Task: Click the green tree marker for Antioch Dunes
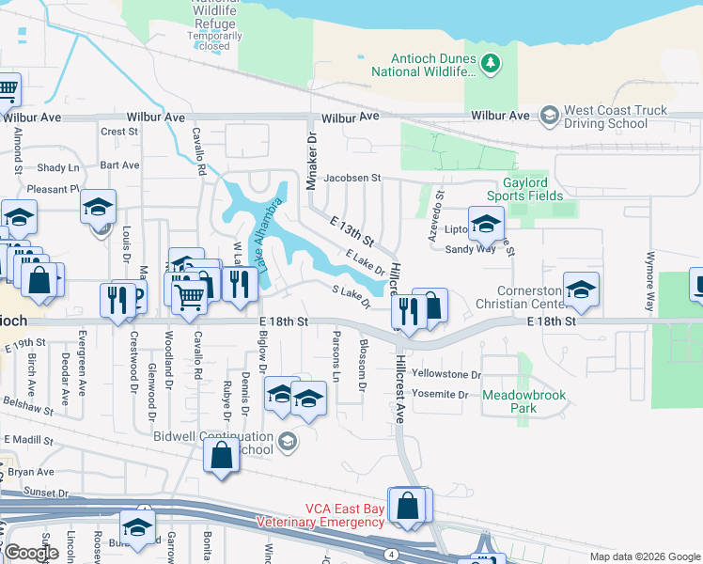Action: pos(489,64)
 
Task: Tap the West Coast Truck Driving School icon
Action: pos(549,116)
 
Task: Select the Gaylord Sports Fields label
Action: pos(524,188)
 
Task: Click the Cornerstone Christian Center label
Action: pos(521,298)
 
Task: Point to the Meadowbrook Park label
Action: pos(524,401)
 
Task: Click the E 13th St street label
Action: pos(351,230)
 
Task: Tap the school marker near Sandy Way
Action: pos(486,225)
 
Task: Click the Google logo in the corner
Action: pos(31,553)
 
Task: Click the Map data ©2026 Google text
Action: pos(645,556)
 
